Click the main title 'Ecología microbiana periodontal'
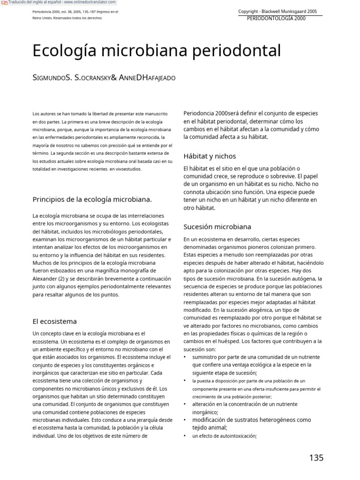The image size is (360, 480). [157, 51]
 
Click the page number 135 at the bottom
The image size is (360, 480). [316, 458]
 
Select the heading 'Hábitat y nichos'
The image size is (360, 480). [210, 156]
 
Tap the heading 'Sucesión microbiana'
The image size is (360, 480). [217, 227]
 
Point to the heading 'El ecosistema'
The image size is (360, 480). [54, 322]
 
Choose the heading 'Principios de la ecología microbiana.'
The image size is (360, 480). [92, 199]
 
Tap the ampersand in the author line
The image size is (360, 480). [114, 77]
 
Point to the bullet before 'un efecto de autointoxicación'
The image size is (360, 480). [185, 436]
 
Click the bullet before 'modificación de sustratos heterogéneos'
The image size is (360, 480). [185, 420]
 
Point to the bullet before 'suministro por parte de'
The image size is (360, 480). [185, 357]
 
